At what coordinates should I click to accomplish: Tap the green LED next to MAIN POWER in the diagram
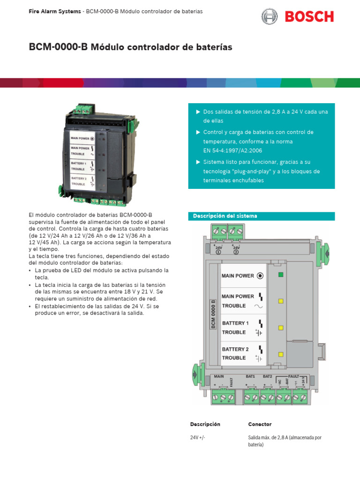point(280,275)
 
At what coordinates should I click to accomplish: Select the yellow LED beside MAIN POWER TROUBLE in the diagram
point(280,301)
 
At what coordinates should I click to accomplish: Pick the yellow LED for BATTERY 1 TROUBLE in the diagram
point(280,328)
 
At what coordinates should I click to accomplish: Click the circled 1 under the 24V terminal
point(218,252)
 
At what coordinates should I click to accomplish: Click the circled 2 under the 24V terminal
point(236,252)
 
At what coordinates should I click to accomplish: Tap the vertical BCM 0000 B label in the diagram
point(213,314)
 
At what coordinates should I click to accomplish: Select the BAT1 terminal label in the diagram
point(250,376)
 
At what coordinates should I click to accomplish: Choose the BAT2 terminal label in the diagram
point(267,376)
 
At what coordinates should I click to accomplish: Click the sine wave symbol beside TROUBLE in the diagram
point(259,306)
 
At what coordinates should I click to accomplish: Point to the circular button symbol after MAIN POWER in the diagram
point(260,276)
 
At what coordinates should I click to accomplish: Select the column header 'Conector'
point(260,424)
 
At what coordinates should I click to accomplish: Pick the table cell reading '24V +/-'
point(198,438)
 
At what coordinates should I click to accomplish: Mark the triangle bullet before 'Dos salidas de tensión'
point(198,112)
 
